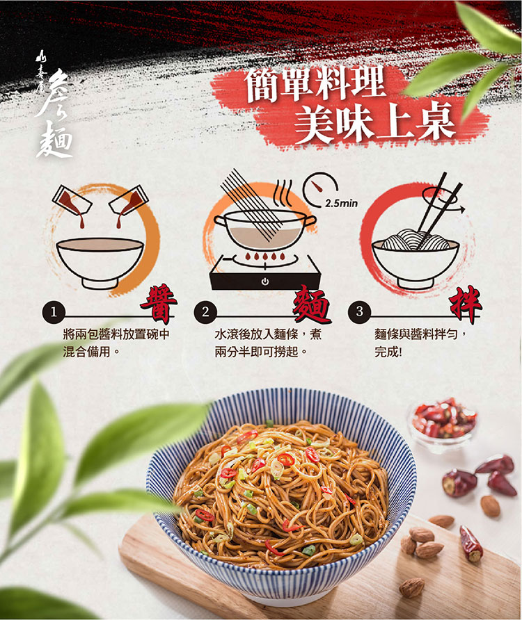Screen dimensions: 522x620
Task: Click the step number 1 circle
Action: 53,312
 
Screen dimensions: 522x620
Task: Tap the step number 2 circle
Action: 205,312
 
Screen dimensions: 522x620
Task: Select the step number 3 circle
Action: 359,311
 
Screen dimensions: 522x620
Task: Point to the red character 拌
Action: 466,304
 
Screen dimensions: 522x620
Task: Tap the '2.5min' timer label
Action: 342,203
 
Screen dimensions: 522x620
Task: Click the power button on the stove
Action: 265,282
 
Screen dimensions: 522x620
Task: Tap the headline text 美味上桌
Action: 374,121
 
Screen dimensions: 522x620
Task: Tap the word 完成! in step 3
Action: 388,352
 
